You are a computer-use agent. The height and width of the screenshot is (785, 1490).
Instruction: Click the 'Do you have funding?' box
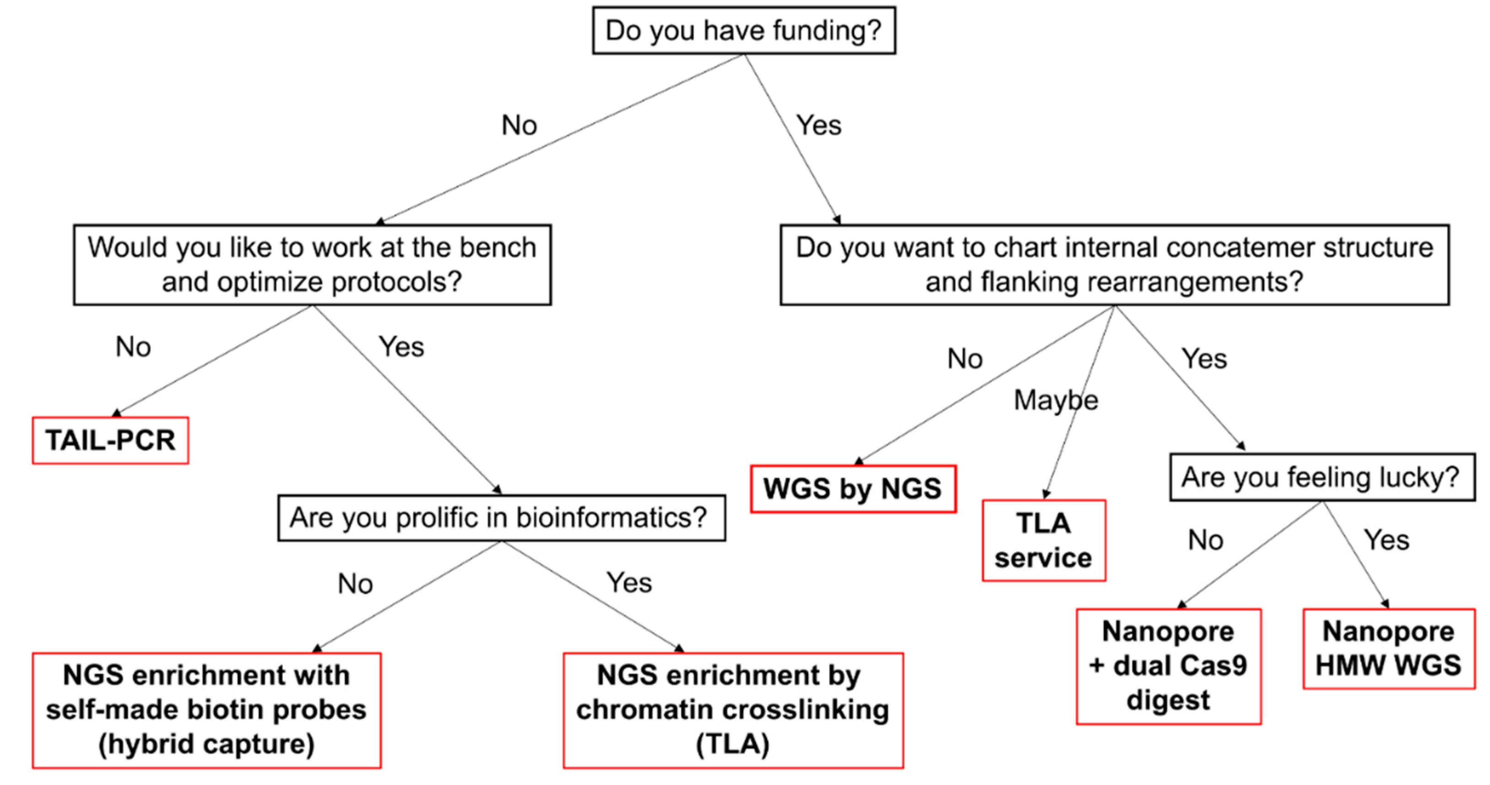tap(743, 31)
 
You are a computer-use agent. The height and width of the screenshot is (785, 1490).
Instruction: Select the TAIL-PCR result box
tap(110, 440)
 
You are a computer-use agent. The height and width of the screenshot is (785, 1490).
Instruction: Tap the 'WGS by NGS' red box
tap(853, 489)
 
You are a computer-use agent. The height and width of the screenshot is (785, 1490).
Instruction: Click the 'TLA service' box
tap(1043, 540)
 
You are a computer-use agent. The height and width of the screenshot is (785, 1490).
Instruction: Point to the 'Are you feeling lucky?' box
tap(1321, 477)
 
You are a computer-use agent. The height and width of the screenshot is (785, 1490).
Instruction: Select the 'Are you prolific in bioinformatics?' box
tap(501, 517)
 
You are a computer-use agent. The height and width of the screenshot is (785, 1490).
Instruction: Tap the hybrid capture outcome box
tap(206, 710)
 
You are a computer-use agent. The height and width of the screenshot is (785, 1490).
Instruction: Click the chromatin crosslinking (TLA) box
tap(733, 710)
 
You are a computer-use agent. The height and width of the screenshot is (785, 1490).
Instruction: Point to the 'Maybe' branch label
tap(1056, 400)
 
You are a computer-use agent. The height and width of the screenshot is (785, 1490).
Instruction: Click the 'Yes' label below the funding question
tap(819, 125)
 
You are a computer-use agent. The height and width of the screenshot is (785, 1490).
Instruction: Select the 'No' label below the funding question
tap(519, 125)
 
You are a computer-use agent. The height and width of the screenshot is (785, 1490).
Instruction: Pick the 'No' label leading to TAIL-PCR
tap(133, 347)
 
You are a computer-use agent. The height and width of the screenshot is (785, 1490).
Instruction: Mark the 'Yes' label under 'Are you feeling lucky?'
tap(1387, 540)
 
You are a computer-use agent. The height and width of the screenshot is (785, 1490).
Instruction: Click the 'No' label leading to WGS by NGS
tap(965, 359)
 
